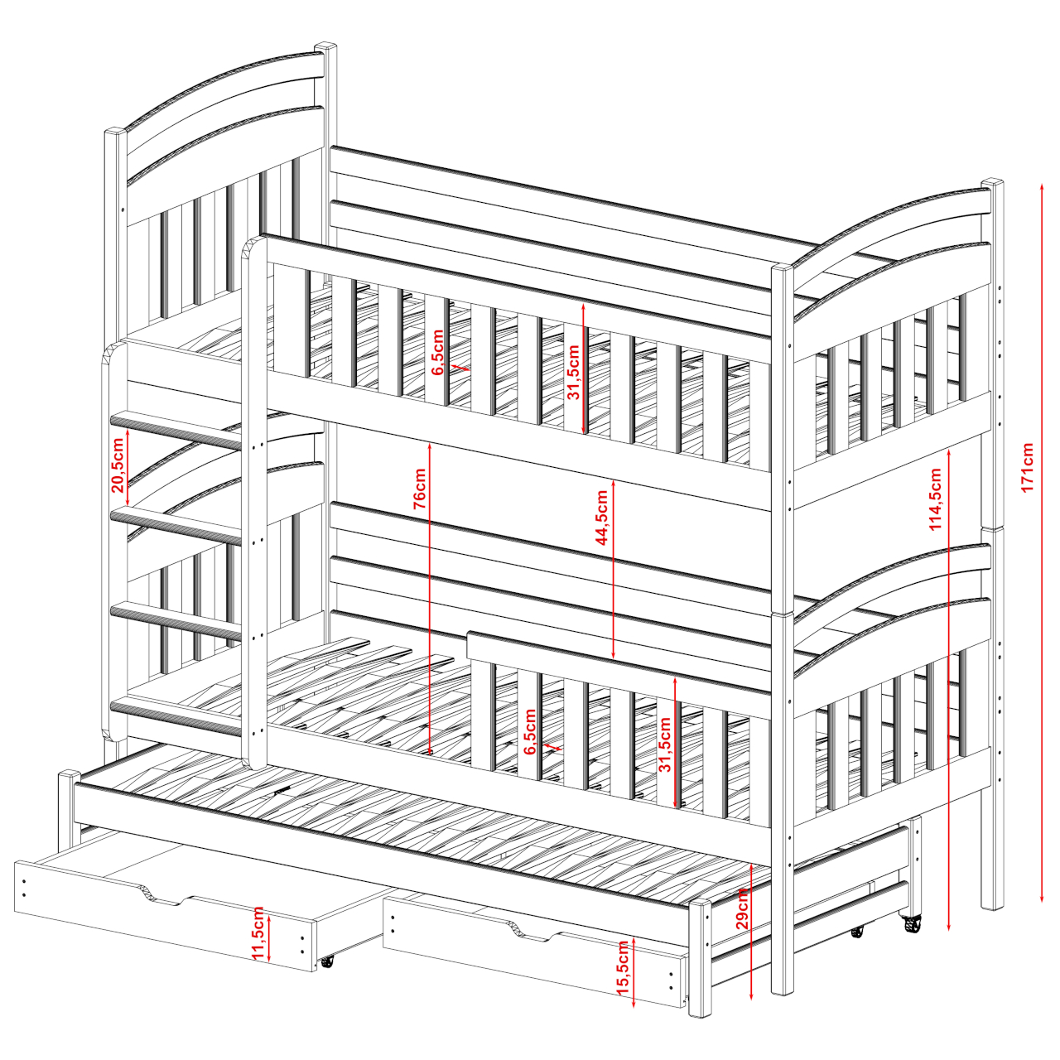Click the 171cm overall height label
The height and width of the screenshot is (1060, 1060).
pyautogui.click(x=1027, y=467)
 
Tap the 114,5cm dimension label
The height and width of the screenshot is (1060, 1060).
pyautogui.click(x=935, y=499)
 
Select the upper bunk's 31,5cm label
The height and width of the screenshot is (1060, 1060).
pyautogui.click(x=574, y=373)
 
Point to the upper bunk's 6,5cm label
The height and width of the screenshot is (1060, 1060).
pyautogui.click(x=437, y=352)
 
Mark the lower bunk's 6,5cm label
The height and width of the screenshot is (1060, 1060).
pyautogui.click(x=529, y=731)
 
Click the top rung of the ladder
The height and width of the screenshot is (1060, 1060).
pyautogui.click(x=176, y=429)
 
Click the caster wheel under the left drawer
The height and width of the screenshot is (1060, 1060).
pyautogui.click(x=328, y=976)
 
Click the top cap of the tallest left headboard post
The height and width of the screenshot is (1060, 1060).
pyautogui.click(x=325, y=46)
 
